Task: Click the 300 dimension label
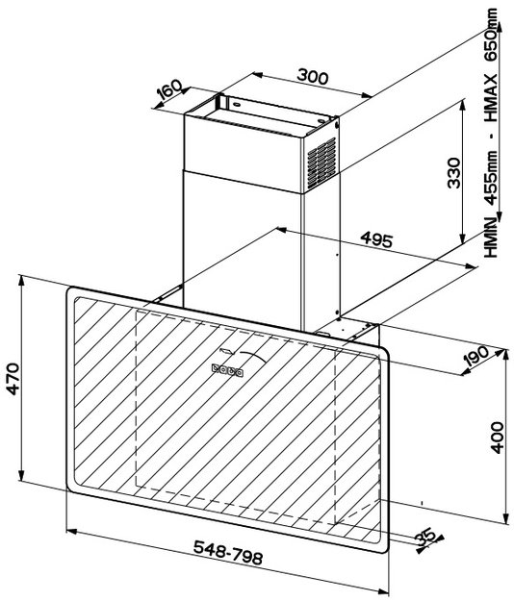[313, 76]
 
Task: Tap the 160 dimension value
[168, 89]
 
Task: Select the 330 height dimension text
[454, 172]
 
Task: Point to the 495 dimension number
[376, 239]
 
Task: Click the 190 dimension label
[475, 355]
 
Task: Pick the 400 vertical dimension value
[497, 438]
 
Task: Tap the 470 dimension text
[13, 379]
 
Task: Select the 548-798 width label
[228, 552]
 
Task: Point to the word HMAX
[491, 98]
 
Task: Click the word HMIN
[491, 237]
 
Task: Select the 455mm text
[491, 178]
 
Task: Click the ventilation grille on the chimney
[321, 163]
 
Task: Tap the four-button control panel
[227, 370]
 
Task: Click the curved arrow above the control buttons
[252, 356]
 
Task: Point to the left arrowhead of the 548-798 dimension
[72, 532]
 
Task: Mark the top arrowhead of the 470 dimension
[21, 281]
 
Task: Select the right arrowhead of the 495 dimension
[472, 266]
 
